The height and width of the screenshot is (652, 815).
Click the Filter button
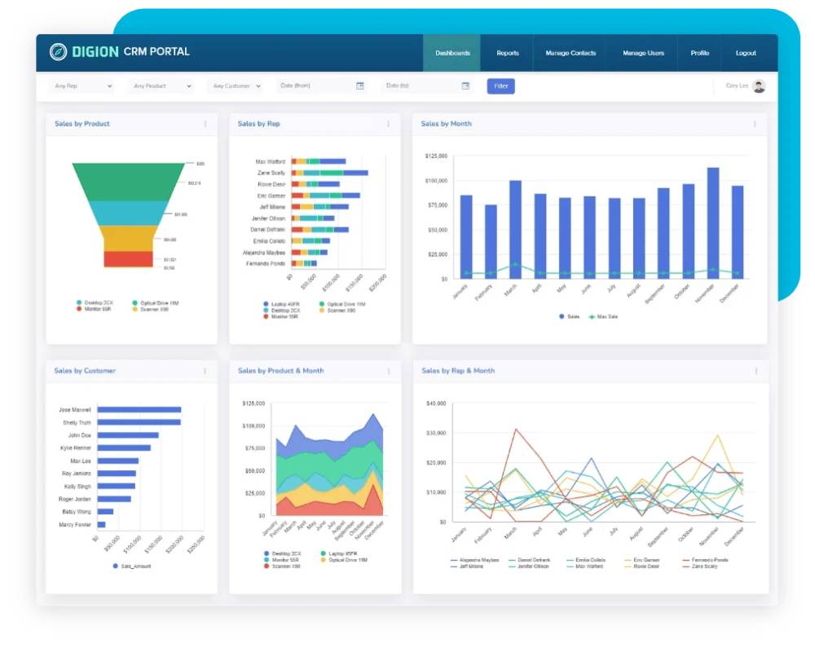[500, 86]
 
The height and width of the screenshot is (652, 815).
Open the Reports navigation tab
[508, 53]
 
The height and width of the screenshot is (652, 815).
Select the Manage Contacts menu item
[570, 53]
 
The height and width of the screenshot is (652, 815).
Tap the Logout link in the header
[746, 53]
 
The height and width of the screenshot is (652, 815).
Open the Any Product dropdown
[161, 86]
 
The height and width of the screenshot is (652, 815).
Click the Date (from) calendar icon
[360, 86]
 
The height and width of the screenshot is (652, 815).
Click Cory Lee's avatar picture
[759, 86]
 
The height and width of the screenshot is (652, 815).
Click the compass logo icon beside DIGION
[58, 52]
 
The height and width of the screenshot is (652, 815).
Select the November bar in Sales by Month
[713, 222]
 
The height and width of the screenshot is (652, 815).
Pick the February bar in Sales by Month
[491, 241]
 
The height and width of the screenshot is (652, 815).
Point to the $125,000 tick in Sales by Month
[436, 156]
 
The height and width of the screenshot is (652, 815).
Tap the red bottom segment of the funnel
[129, 259]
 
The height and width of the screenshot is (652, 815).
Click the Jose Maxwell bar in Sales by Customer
[139, 410]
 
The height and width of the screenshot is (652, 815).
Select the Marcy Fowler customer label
[75, 525]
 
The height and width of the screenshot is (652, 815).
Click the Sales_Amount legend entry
[134, 566]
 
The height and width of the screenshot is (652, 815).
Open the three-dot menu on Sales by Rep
[388, 124]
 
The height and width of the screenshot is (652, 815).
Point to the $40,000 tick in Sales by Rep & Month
[436, 403]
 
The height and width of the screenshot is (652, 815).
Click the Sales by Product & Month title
[280, 371]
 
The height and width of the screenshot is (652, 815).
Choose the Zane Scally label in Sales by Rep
[271, 173]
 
